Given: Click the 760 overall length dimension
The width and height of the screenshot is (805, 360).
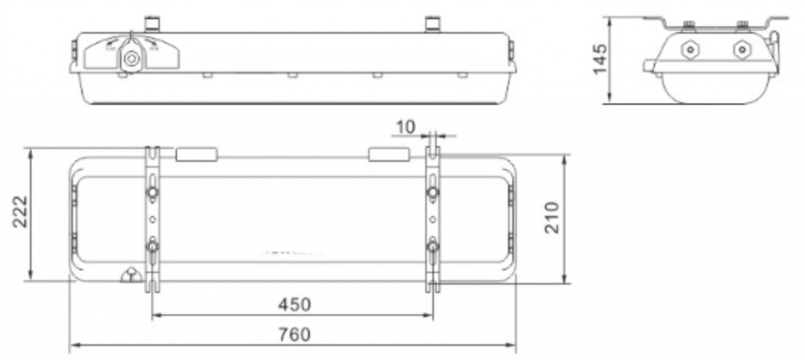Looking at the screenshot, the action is click(x=295, y=335).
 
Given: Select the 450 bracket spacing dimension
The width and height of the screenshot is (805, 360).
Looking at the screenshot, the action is click(x=295, y=304).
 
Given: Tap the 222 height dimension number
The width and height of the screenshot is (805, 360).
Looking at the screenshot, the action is click(x=20, y=211).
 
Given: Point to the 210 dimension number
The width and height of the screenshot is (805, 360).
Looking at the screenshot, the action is click(x=551, y=218).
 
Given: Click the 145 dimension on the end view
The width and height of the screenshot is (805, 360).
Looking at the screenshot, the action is click(x=600, y=58).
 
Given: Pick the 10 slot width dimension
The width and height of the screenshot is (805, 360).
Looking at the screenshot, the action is click(x=406, y=127).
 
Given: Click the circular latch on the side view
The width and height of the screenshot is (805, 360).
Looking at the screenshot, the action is click(x=130, y=58).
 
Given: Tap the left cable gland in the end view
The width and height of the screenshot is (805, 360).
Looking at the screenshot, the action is click(x=689, y=50).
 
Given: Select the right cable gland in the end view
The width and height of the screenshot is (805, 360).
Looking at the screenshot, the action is click(x=741, y=50).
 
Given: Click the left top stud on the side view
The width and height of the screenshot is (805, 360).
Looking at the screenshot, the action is click(x=152, y=24).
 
